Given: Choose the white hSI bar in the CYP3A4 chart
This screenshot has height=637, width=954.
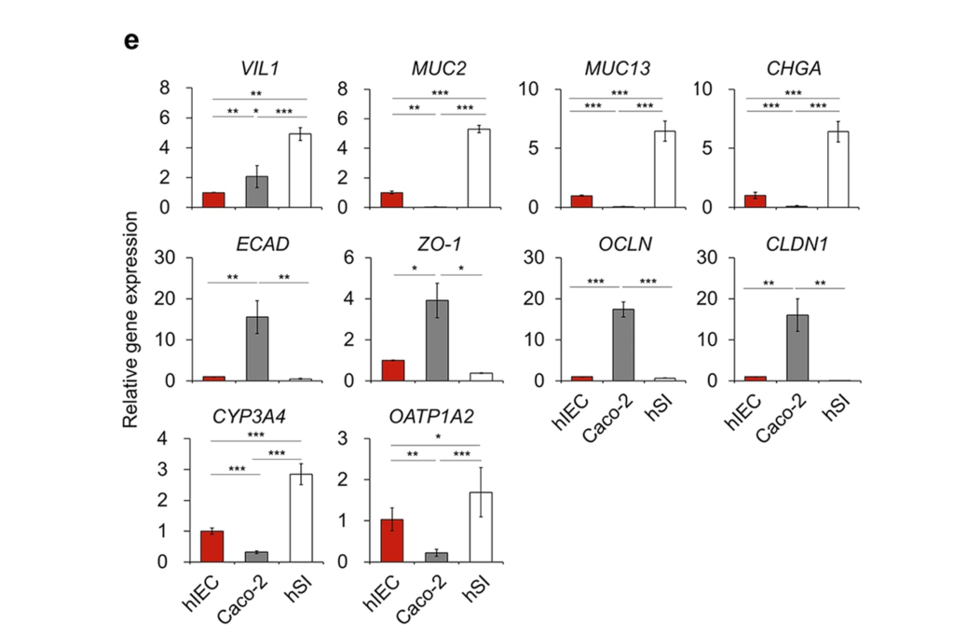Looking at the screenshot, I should [x=300, y=519].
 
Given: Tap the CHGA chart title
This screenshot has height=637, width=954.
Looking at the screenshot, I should [x=793, y=69].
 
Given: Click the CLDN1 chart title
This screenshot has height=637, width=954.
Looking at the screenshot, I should [x=793, y=243].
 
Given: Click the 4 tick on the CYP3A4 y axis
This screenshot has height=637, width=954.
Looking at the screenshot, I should [x=164, y=439].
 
